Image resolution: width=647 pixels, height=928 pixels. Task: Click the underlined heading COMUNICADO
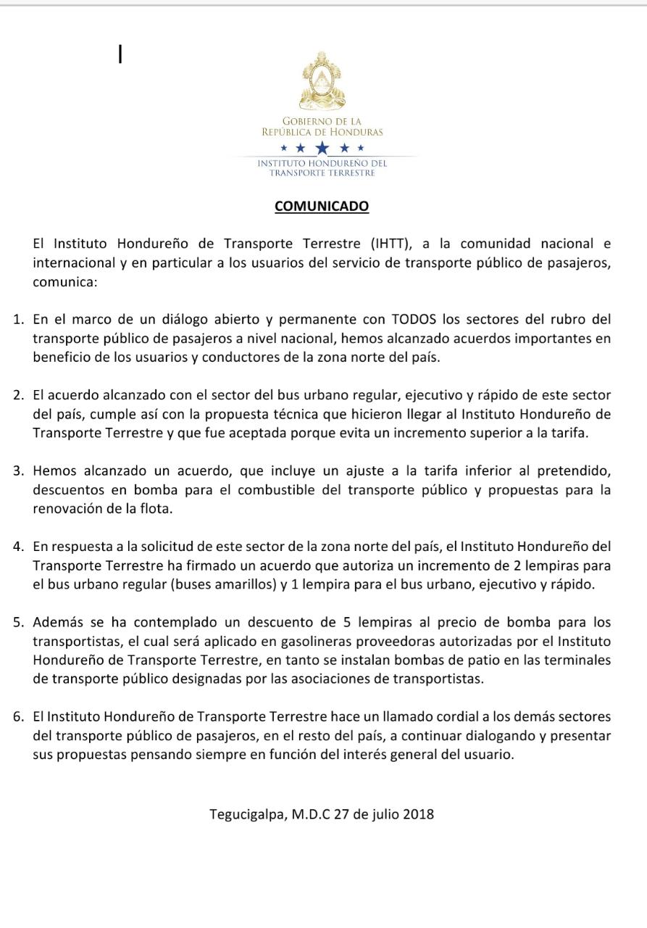click(322, 206)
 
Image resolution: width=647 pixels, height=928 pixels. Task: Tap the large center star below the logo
click(322, 148)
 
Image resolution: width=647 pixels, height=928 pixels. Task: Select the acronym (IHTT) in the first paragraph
click(393, 243)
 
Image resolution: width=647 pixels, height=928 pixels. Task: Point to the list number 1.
click(19, 319)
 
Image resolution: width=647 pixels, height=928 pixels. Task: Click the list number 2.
click(19, 395)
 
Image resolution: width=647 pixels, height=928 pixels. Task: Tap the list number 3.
click(19, 471)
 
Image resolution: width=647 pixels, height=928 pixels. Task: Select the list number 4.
click(19, 546)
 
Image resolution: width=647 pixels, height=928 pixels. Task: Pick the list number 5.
click(19, 622)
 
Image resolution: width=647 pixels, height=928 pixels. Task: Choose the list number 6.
click(19, 717)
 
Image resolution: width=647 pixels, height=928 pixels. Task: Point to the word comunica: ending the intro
click(64, 281)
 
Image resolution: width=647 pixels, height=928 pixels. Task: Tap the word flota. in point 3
click(156, 508)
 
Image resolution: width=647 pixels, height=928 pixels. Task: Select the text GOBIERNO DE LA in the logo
click(322, 121)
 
